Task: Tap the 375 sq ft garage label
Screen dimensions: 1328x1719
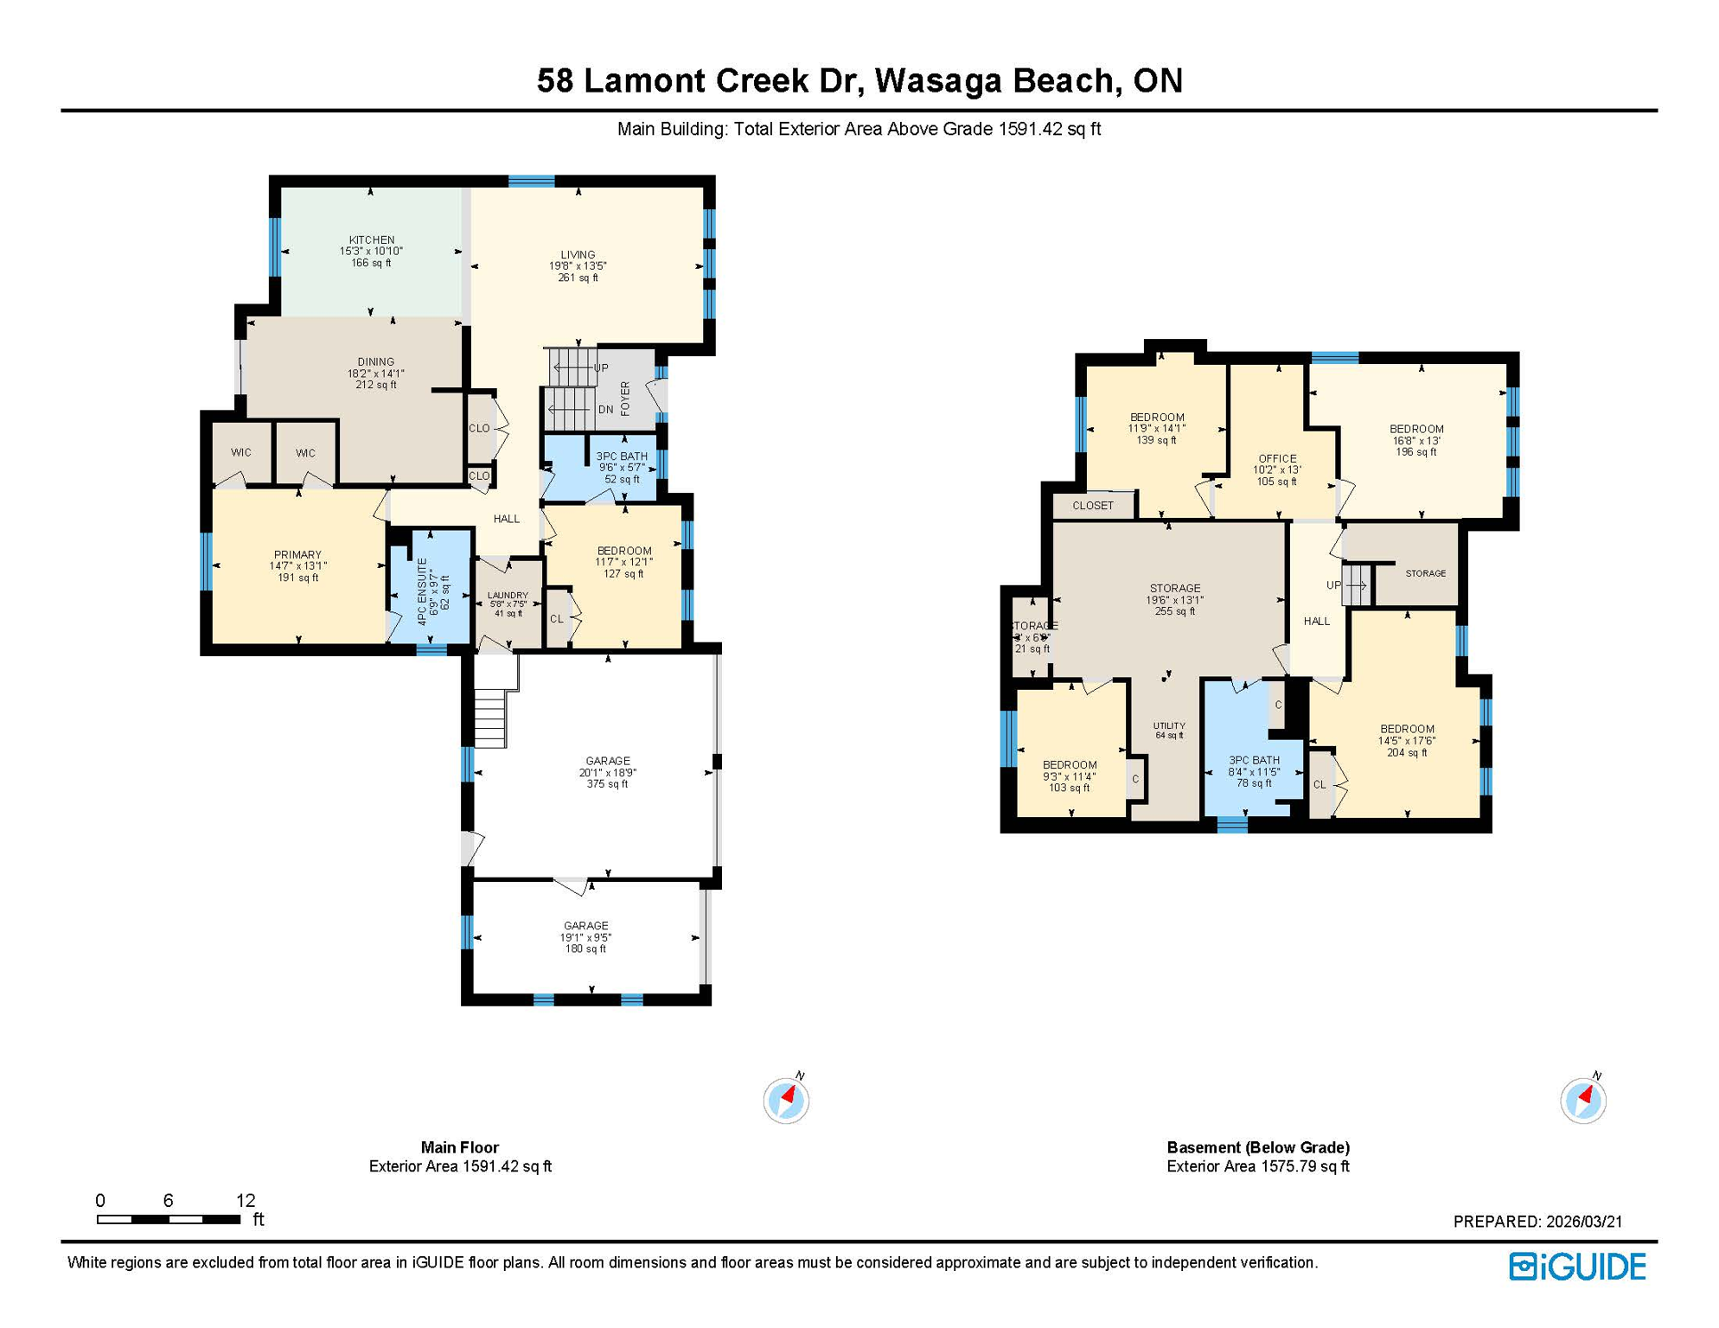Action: coord(607,773)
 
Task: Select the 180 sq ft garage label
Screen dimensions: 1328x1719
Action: coord(585,937)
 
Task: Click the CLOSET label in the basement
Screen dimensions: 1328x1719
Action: coord(1093,506)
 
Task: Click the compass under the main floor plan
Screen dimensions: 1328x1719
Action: coord(786,1101)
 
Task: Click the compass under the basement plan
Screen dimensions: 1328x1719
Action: coord(1583,1101)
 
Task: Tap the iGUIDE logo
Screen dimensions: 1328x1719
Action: coord(1577,1267)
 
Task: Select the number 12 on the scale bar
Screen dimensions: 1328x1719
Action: coord(246,1200)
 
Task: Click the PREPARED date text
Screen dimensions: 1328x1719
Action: coord(1537,1222)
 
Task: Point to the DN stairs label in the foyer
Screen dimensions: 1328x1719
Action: coord(605,410)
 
